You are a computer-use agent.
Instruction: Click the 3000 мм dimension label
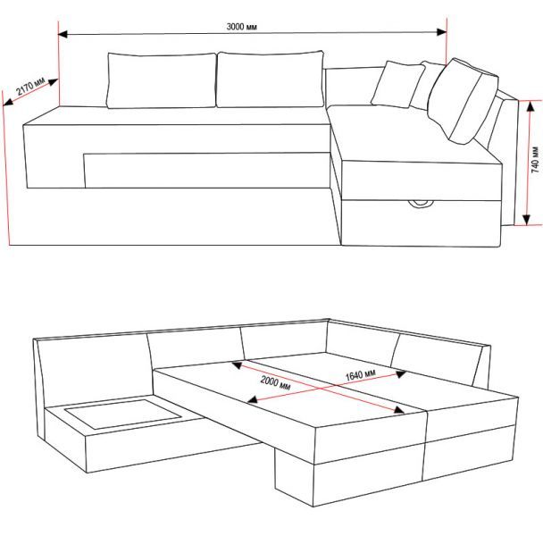click(242, 27)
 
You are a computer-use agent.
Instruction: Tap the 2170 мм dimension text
click(31, 87)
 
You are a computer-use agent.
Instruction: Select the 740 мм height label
click(535, 160)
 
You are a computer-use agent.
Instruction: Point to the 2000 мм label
click(275, 383)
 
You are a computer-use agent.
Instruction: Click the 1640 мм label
click(361, 375)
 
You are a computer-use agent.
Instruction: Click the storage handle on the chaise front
click(421, 204)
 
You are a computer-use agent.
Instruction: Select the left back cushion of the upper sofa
click(162, 80)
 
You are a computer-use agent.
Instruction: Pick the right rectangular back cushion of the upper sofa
click(270, 80)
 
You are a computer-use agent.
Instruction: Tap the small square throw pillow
click(398, 85)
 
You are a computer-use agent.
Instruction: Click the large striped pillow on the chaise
click(463, 101)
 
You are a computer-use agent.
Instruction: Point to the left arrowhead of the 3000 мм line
click(63, 34)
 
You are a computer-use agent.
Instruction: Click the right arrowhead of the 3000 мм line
click(442, 32)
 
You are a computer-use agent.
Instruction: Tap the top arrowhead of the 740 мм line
click(530, 106)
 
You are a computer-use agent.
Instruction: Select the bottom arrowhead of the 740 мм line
click(526, 220)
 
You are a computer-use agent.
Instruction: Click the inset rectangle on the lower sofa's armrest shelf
click(123, 414)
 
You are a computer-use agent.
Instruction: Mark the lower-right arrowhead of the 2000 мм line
click(399, 409)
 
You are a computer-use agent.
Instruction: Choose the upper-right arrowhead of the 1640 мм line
click(401, 374)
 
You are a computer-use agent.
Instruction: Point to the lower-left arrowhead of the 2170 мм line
click(8, 102)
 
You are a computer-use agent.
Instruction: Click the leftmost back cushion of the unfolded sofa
click(94, 370)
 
